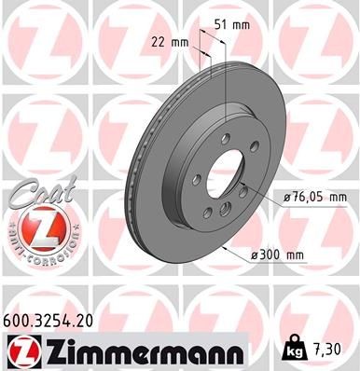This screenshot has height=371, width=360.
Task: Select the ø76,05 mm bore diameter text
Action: (x=313, y=197)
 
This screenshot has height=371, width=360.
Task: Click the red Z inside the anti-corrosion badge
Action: (x=36, y=227)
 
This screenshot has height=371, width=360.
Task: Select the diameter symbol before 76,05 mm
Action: (x=284, y=197)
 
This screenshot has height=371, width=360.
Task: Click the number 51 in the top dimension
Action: (x=221, y=25)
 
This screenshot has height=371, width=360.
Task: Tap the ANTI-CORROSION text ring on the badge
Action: (x=36, y=250)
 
